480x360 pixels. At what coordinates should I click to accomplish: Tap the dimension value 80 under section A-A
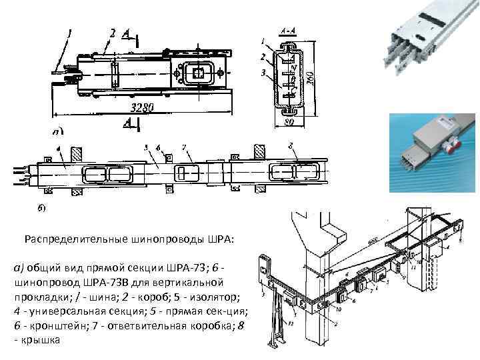click(x=291, y=122)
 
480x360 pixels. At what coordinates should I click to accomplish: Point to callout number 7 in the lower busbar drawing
click(x=184, y=147)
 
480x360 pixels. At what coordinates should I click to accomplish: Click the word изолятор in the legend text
click(x=213, y=295)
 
